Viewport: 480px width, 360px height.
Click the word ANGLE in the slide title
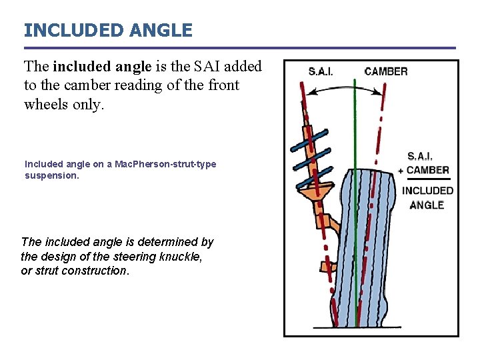[x=167, y=30]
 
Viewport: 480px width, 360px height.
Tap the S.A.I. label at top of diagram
[x=321, y=71]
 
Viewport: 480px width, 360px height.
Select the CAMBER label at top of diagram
[x=386, y=71]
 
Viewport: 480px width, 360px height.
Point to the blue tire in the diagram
[x=363, y=253]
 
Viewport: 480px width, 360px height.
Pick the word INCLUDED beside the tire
[x=427, y=191]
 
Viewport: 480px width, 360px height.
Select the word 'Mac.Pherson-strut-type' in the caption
[x=165, y=164]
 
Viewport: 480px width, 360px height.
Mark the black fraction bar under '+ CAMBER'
[x=427, y=179]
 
